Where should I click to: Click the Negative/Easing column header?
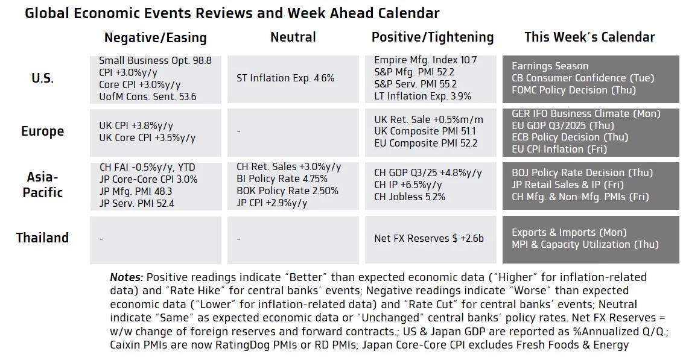[155, 38]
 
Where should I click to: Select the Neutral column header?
[293, 37]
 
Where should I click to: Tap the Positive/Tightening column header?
[432, 37]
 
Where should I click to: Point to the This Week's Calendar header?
[589, 37]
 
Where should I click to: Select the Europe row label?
[42, 131]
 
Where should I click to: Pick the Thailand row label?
[42, 238]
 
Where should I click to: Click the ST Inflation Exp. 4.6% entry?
[285, 78]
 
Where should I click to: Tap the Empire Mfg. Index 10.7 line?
[425, 60]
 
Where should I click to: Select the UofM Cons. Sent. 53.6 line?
[147, 96]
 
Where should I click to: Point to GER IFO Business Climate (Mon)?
[585, 113]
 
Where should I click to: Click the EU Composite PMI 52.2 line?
[425, 144]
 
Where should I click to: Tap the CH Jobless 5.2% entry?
[410, 197]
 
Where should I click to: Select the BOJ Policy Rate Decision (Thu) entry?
[576, 173]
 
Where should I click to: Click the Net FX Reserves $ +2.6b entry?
[428, 238]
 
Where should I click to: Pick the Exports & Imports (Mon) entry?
[568, 232]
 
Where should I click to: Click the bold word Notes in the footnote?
[126, 277]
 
